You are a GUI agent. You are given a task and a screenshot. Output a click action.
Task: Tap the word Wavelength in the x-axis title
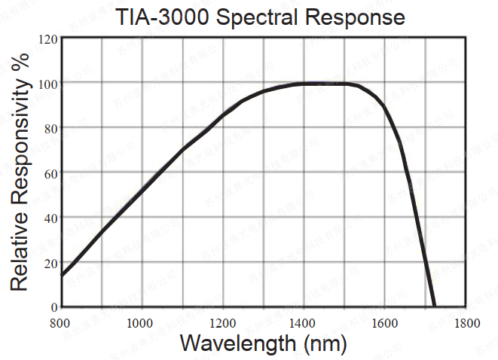(234, 344)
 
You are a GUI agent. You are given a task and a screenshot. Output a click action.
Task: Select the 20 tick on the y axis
(50, 263)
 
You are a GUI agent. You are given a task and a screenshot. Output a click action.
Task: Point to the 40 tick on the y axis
(50, 218)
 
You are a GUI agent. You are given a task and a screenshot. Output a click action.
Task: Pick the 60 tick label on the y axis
(50, 173)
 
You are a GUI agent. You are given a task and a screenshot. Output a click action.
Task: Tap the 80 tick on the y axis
(50, 128)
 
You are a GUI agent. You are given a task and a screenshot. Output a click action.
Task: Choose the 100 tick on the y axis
(47, 82)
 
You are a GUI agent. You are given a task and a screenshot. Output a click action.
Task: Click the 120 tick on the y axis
(47, 38)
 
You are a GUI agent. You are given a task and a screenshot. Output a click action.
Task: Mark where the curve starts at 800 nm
(62, 275)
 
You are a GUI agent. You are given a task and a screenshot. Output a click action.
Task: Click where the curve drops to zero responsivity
(434, 306)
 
